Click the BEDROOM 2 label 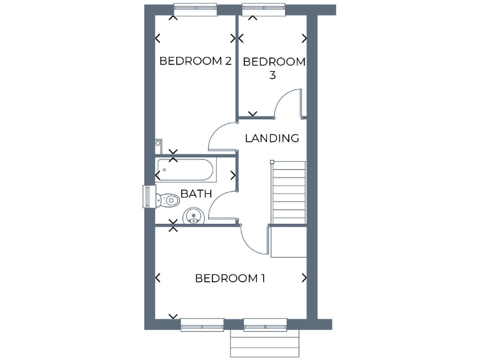pyautogui.click(x=196, y=61)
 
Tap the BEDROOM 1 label pyautogui.click(x=230, y=278)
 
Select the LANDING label pyautogui.click(x=272, y=138)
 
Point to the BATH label pyautogui.click(x=196, y=194)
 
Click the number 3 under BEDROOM pyautogui.click(x=272, y=75)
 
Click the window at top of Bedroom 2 pyautogui.click(x=196, y=9)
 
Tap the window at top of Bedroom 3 pyautogui.click(x=264, y=9)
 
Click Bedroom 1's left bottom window pyautogui.click(x=202, y=324)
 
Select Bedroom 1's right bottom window pyautogui.click(x=265, y=324)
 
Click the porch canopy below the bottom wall pyautogui.click(x=265, y=343)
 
